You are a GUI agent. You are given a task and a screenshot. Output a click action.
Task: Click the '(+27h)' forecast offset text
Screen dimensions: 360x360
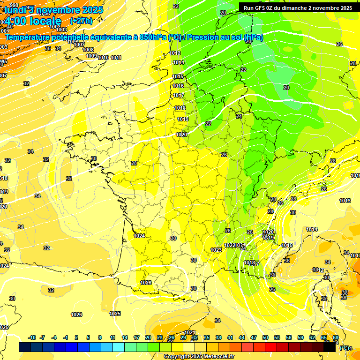(x=81, y=21)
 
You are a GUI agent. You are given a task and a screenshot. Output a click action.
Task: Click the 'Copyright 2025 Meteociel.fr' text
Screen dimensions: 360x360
(x=199, y=356)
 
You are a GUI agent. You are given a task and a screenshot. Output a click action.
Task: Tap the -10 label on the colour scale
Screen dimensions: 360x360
(x=32, y=337)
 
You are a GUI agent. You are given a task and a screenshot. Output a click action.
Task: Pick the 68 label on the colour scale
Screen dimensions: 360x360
(x=336, y=337)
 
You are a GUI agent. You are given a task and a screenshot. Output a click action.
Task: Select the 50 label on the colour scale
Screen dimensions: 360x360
(x=265, y=337)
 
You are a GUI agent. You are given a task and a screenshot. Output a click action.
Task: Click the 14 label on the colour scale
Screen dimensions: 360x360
(x=125, y=337)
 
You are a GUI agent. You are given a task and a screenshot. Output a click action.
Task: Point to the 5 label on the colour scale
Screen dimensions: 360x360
(x=89, y=337)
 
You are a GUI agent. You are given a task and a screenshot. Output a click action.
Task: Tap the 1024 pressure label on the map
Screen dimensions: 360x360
(x=139, y=236)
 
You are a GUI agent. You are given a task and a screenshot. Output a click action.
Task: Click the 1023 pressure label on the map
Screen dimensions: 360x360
(x=216, y=250)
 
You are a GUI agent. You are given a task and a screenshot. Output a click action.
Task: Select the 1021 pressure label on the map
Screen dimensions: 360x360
(x=190, y=332)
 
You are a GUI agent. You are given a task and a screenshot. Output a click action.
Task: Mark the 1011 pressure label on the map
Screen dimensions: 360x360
(x=116, y=58)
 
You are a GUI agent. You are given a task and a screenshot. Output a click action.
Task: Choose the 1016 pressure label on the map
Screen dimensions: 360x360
(x=178, y=86)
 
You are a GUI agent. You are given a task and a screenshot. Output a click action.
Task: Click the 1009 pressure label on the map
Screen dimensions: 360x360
(x=91, y=56)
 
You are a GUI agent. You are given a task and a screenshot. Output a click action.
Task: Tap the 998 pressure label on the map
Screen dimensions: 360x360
(x=15, y=6)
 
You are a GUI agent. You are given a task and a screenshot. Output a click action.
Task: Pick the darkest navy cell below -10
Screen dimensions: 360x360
(x=25, y=347)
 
